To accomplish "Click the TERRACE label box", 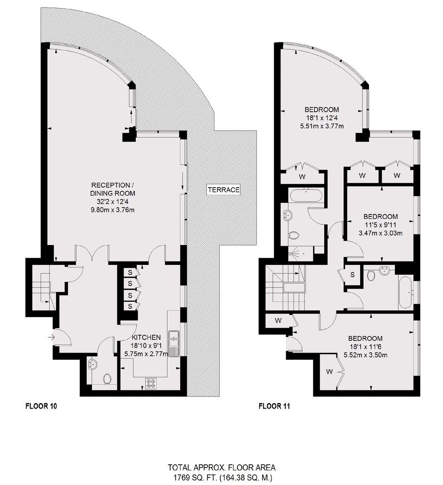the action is [224, 189].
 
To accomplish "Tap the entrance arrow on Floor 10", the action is [52, 337].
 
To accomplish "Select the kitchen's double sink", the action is [173, 339].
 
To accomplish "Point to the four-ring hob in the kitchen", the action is [151, 384].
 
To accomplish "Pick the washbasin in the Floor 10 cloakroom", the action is [92, 363].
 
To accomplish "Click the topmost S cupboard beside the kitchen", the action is [130, 272].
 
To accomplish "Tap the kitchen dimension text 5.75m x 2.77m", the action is [146, 353].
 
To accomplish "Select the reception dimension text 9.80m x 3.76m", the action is [112, 210].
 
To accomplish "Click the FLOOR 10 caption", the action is [41, 406].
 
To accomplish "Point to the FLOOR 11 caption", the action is [274, 406].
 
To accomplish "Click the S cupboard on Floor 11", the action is [353, 274].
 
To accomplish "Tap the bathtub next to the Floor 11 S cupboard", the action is [405, 293].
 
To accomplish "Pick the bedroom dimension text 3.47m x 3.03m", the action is [380, 233].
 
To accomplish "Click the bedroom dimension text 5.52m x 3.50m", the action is [366, 355].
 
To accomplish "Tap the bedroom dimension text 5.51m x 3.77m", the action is [322, 126].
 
